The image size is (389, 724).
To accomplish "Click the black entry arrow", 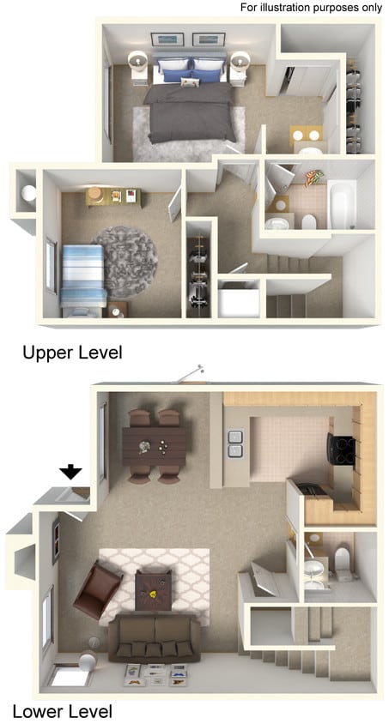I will click(70, 470).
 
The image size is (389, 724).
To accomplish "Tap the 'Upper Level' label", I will click(72, 352).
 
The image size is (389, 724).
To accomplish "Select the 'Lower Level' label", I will click(62, 711).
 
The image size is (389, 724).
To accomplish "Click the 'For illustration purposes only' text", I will click(312, 7).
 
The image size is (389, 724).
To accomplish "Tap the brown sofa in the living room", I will click(155, 639).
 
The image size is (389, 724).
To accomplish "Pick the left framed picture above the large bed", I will click(166, 39).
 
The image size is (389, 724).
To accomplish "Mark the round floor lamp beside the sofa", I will click(87, 661).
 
